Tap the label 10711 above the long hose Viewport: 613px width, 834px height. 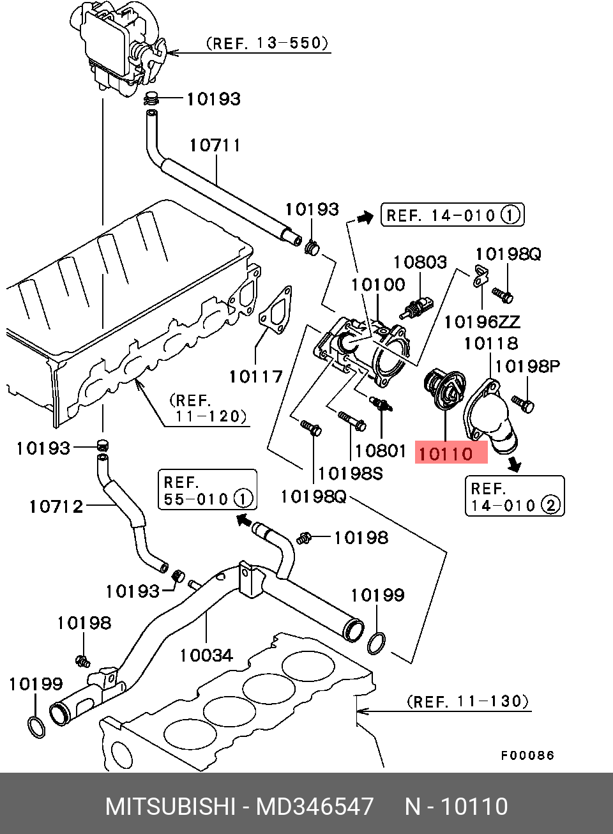pos(215,146)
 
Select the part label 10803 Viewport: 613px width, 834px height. pos(420,262)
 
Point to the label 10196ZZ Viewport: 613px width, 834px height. pos(482,321)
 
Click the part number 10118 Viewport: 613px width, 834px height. pos(490,344)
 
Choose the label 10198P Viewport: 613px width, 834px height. pos(527,366)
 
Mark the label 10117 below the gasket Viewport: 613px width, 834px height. pos(255,376)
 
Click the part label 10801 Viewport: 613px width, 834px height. pos(381,451)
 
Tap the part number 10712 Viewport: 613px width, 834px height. pos(56,507)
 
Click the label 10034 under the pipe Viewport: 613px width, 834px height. pos(206,655)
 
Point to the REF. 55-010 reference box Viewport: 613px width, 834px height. pos(207,490)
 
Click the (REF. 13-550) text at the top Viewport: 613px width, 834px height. pos(267,43)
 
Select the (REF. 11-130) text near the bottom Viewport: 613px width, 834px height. pos(467,702)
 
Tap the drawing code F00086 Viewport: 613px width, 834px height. pos(527,756)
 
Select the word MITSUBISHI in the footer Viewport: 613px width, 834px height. pos(170,807)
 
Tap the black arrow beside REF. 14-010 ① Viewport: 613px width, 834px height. pos(365,218)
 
